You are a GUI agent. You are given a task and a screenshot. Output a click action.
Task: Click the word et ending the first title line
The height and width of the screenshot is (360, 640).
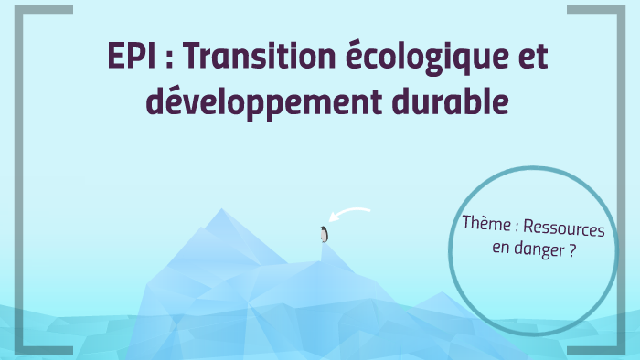click(533, 58)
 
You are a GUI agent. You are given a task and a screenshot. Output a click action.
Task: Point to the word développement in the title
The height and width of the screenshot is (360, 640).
click(271, 103)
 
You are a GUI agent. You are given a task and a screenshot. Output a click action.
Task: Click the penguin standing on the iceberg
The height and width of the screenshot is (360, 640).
click(323, 234)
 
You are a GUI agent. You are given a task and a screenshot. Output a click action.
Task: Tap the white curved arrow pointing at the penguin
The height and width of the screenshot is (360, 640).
click(351, 215)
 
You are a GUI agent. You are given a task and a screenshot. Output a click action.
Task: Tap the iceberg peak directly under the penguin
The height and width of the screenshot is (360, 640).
click(324, 245)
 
